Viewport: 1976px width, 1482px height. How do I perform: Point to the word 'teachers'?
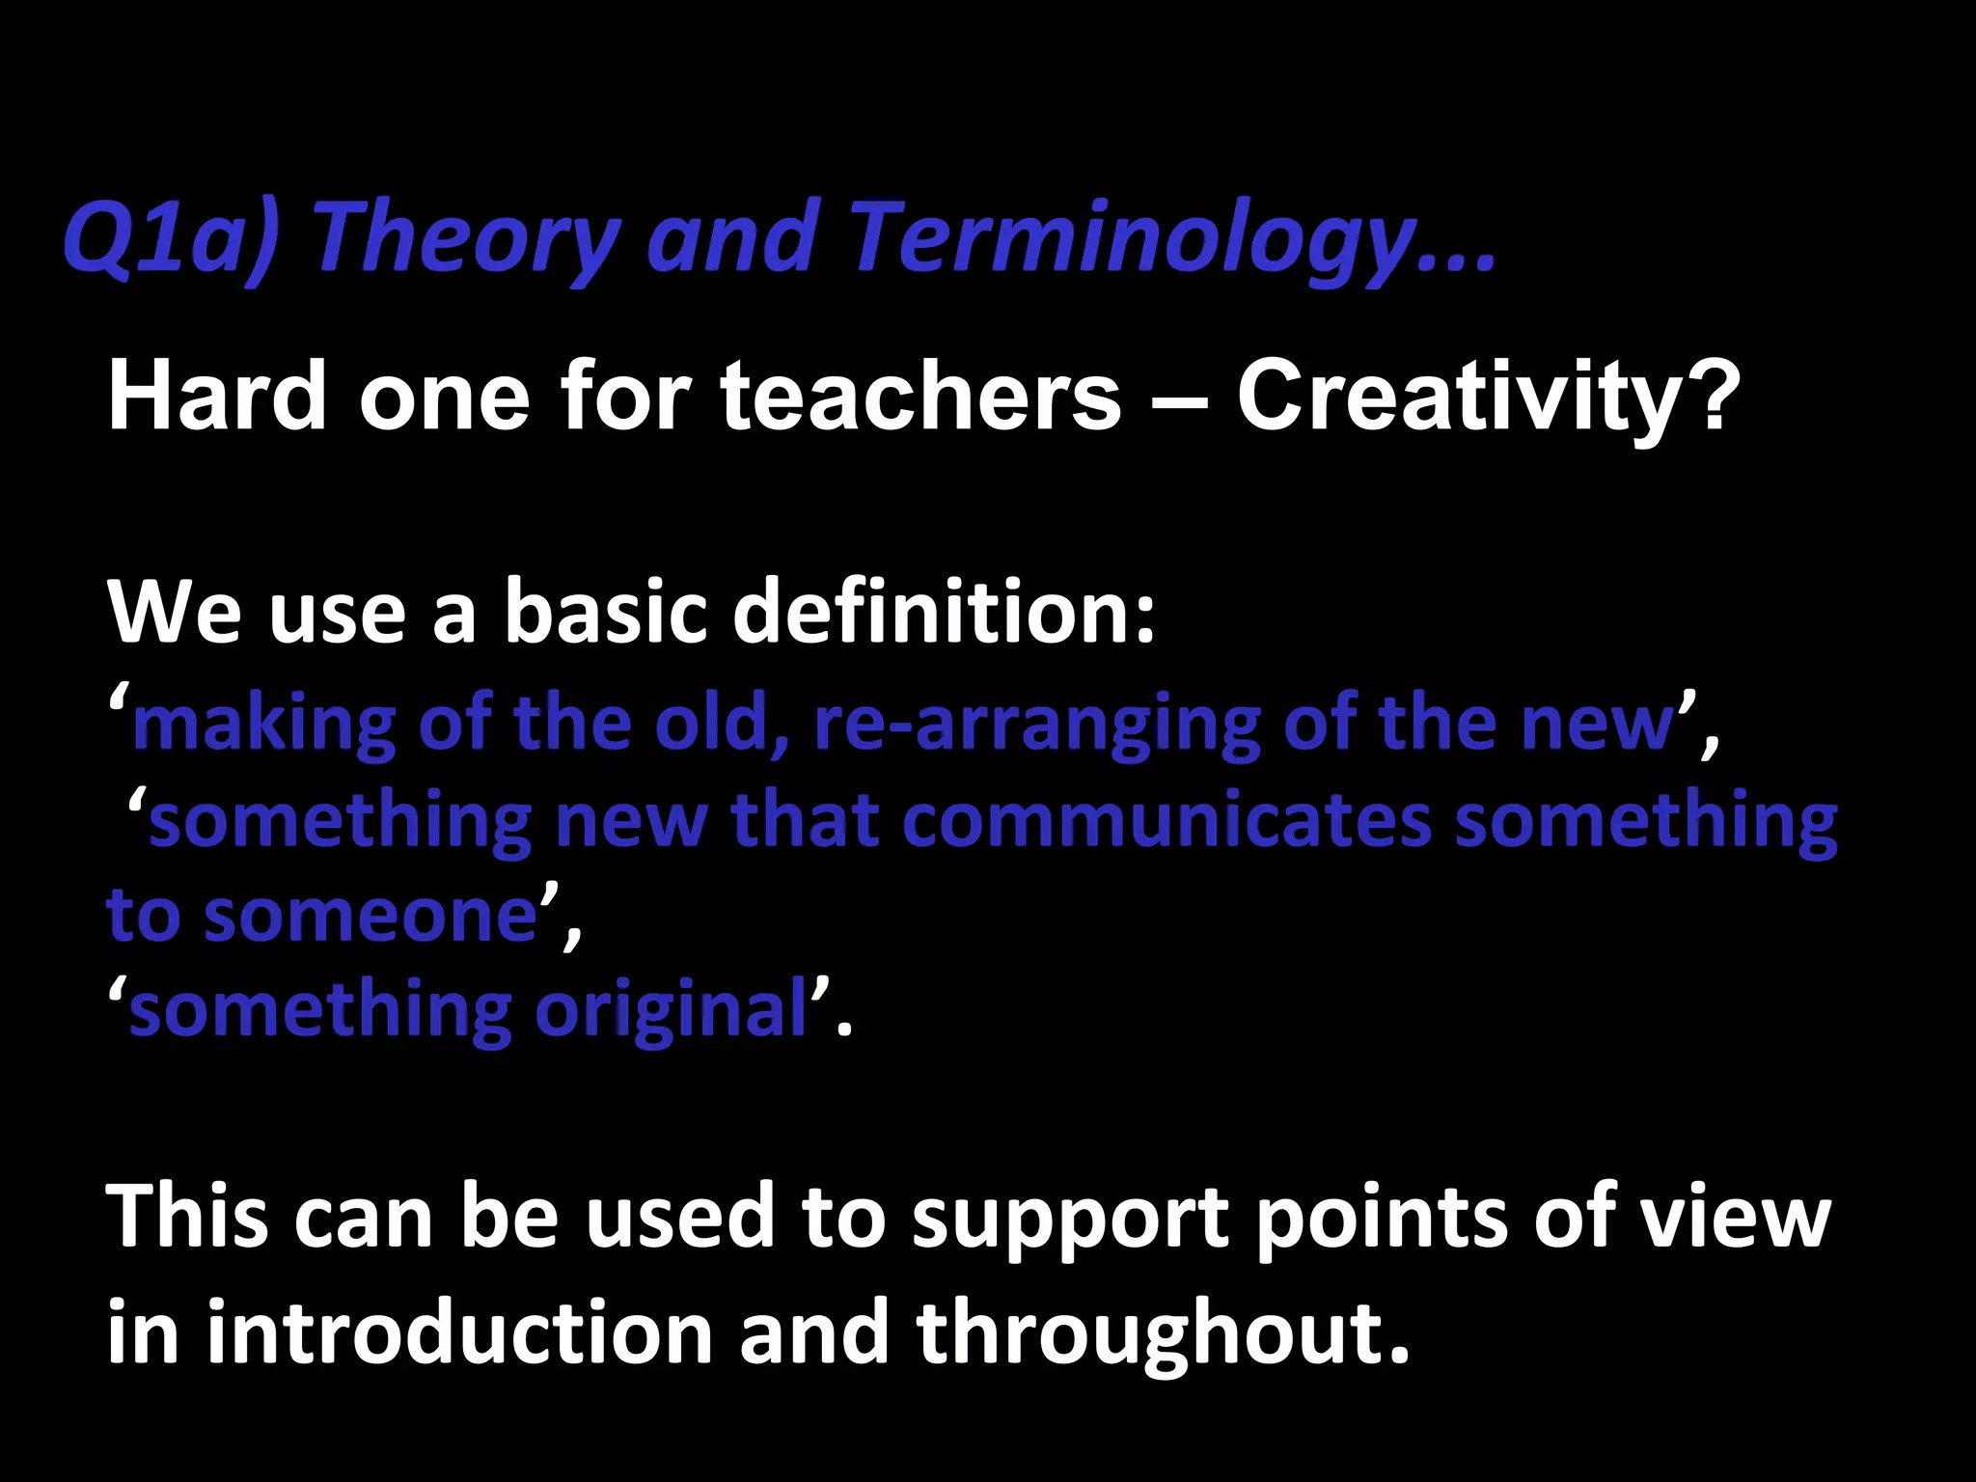point(920,396)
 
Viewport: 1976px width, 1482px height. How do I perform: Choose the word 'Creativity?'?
point(1487,396)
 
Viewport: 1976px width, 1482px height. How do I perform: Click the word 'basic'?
point(606,612)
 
